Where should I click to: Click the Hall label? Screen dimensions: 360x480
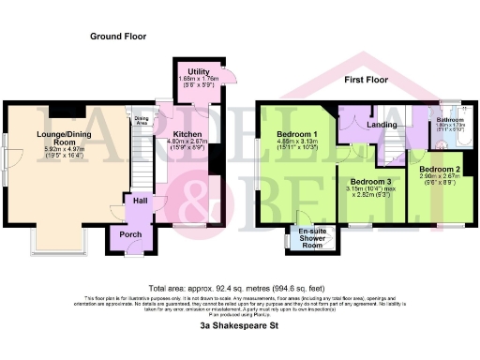point(140,200)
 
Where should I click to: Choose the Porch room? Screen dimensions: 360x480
point(126,234)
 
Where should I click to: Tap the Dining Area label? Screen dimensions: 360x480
point(142,119)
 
